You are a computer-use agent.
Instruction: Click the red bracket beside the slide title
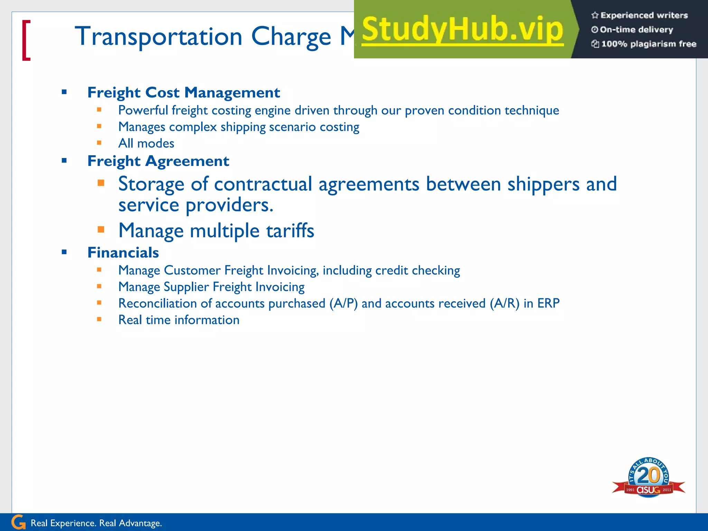point(26,40)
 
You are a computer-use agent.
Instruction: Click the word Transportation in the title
point(158,36)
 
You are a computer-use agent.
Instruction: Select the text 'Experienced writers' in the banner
point(644,15)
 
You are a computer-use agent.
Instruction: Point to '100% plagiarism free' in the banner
point(648,44)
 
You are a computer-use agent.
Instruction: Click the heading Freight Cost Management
point(184,93)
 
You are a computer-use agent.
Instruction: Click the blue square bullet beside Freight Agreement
point(64,160)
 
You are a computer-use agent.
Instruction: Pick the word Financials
point(123,253)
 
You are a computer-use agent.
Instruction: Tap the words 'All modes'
point(146,143)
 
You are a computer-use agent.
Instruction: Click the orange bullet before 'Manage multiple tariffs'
point(101,229)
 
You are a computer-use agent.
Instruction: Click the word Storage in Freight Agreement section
point(151,184)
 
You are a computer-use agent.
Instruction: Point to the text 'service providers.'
point(196,205)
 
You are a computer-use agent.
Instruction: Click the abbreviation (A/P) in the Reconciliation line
point(343,304)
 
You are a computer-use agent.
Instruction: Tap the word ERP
point(548,303)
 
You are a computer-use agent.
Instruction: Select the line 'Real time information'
point(179,320)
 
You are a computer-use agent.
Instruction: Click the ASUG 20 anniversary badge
point(649,477)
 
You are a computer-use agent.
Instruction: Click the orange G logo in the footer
point(18,522)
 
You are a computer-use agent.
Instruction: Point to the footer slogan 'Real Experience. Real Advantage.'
point(96,523)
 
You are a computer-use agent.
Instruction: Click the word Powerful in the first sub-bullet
point(143,111)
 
